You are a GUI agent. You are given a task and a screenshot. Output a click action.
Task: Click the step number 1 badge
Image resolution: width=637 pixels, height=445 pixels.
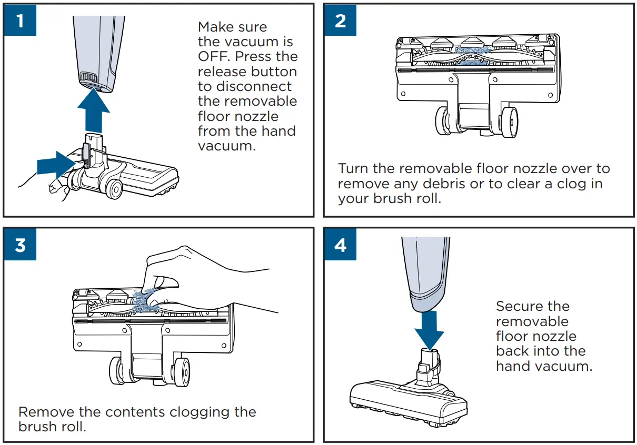point(19,21)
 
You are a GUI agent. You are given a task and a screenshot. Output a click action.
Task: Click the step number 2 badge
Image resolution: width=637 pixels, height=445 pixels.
point(340,21)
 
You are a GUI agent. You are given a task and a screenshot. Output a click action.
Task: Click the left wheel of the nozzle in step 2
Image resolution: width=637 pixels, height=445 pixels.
point(444,120)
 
